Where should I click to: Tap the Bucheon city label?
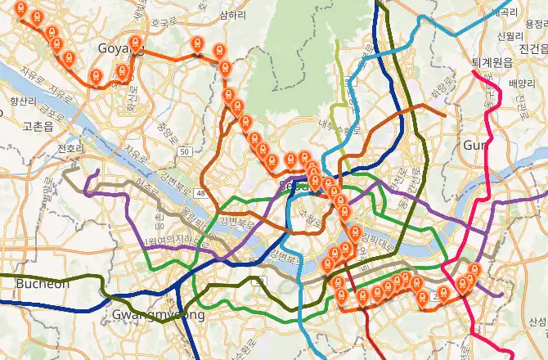pyautogui.click(x=43, y=283)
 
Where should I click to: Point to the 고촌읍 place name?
pyautogui.click(x=38, y=126)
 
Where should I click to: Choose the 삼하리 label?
pyautogui.click(x=233, y=16)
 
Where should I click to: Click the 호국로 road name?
pyautogui.click(x=164, y=22)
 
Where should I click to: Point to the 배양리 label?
pyautogui.click(x=521, y=83)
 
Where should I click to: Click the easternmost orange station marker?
pyautogui.click(x=476, y=269)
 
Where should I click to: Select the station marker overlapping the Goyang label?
pyautogui.click(x=136, y=44)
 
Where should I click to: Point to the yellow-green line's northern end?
pyautogui.click(x=337, y=38)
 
